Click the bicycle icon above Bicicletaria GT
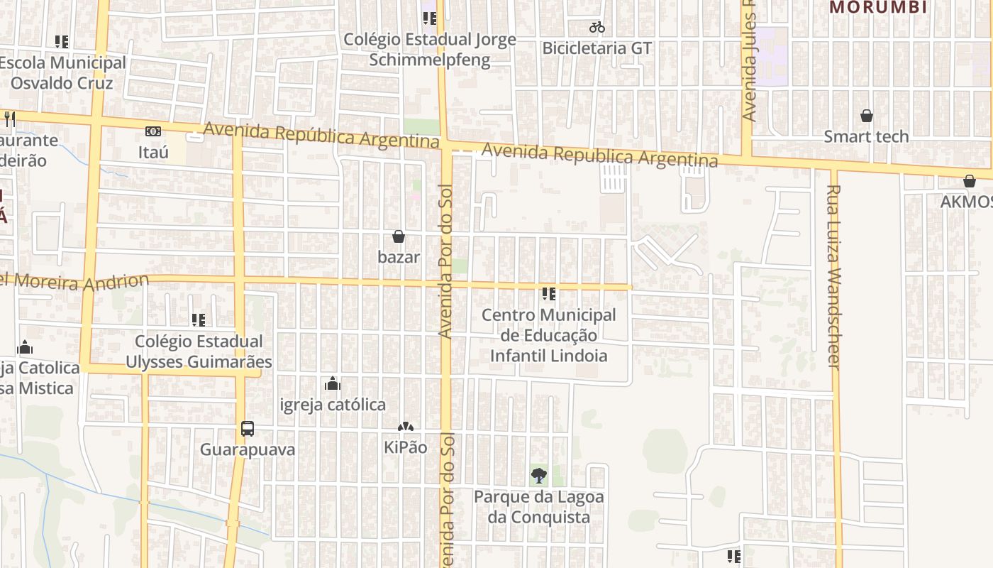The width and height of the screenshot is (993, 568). (x=597, y=28)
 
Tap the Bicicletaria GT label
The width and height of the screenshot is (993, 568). (x=597, y=48)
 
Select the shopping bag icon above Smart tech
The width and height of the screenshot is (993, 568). (x=866, y=116)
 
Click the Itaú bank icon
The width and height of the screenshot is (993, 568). (x=152, y=131)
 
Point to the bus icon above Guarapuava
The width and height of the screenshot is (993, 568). (x=247, y=429)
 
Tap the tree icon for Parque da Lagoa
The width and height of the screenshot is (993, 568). (x=539, y=476)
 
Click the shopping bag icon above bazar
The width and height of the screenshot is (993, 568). (x=399, y=236)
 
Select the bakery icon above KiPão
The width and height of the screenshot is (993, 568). (x=405, y=427)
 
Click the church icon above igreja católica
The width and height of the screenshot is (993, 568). (x=332, y=384)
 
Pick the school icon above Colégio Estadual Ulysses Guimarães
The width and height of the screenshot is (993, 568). (x=199, y=320)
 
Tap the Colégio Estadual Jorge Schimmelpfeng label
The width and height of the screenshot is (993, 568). (x=430, y=49)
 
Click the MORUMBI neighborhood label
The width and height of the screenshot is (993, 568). (x=878, y=8)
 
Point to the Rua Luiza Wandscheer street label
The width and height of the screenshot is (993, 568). (x=834, y=277)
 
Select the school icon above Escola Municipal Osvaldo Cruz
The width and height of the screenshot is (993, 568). (x=62, y=42)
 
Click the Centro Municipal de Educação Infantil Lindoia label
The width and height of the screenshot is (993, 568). (x=549, y=335)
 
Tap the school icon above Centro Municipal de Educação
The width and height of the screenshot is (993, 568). (x=548, y=293)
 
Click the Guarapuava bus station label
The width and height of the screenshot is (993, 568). (x=247, y=449)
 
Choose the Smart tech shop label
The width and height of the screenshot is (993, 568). (x=866, y=136)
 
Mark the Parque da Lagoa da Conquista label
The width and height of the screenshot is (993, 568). (x=539, y=507)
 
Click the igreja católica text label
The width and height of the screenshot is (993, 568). (x=333, y=405)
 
